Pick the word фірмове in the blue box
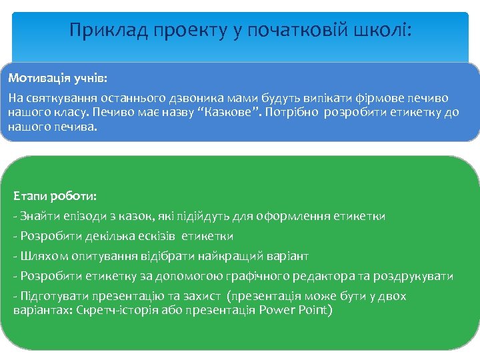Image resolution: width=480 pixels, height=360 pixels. coord(386,97)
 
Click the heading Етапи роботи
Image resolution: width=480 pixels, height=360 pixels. coord(55,197)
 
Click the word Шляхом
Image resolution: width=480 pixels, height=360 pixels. coord(43,256)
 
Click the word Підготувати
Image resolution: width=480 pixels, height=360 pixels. coord(51,296)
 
